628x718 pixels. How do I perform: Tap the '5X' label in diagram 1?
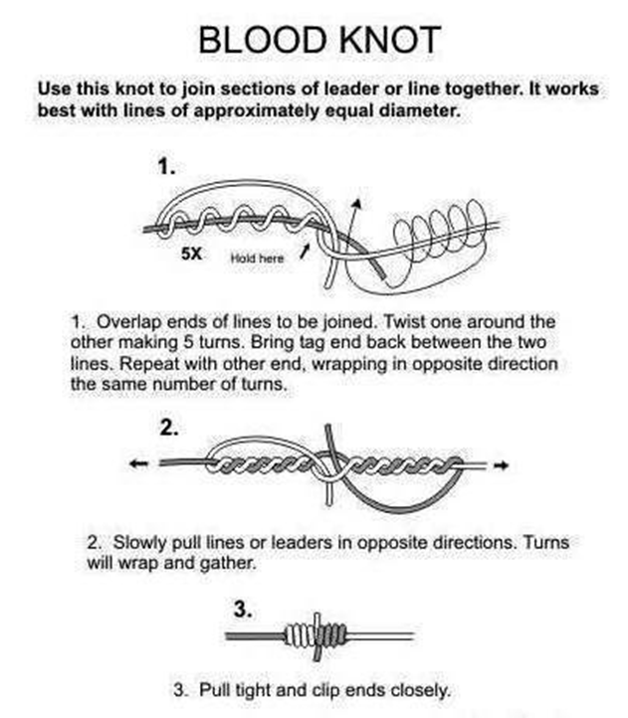tap(193, 254)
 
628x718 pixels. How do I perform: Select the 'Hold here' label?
tap(257, 258)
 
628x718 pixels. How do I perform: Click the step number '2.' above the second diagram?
tap(169, 429)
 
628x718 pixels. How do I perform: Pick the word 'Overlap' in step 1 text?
tap(128, 323)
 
